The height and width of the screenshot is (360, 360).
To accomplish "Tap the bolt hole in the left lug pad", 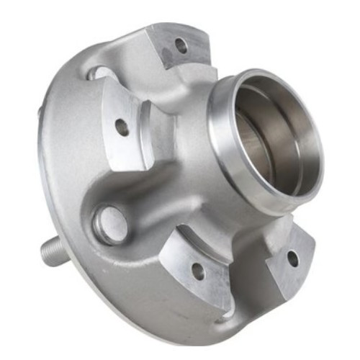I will point(122,127).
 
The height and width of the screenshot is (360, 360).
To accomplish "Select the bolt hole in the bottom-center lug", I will point(197,271).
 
